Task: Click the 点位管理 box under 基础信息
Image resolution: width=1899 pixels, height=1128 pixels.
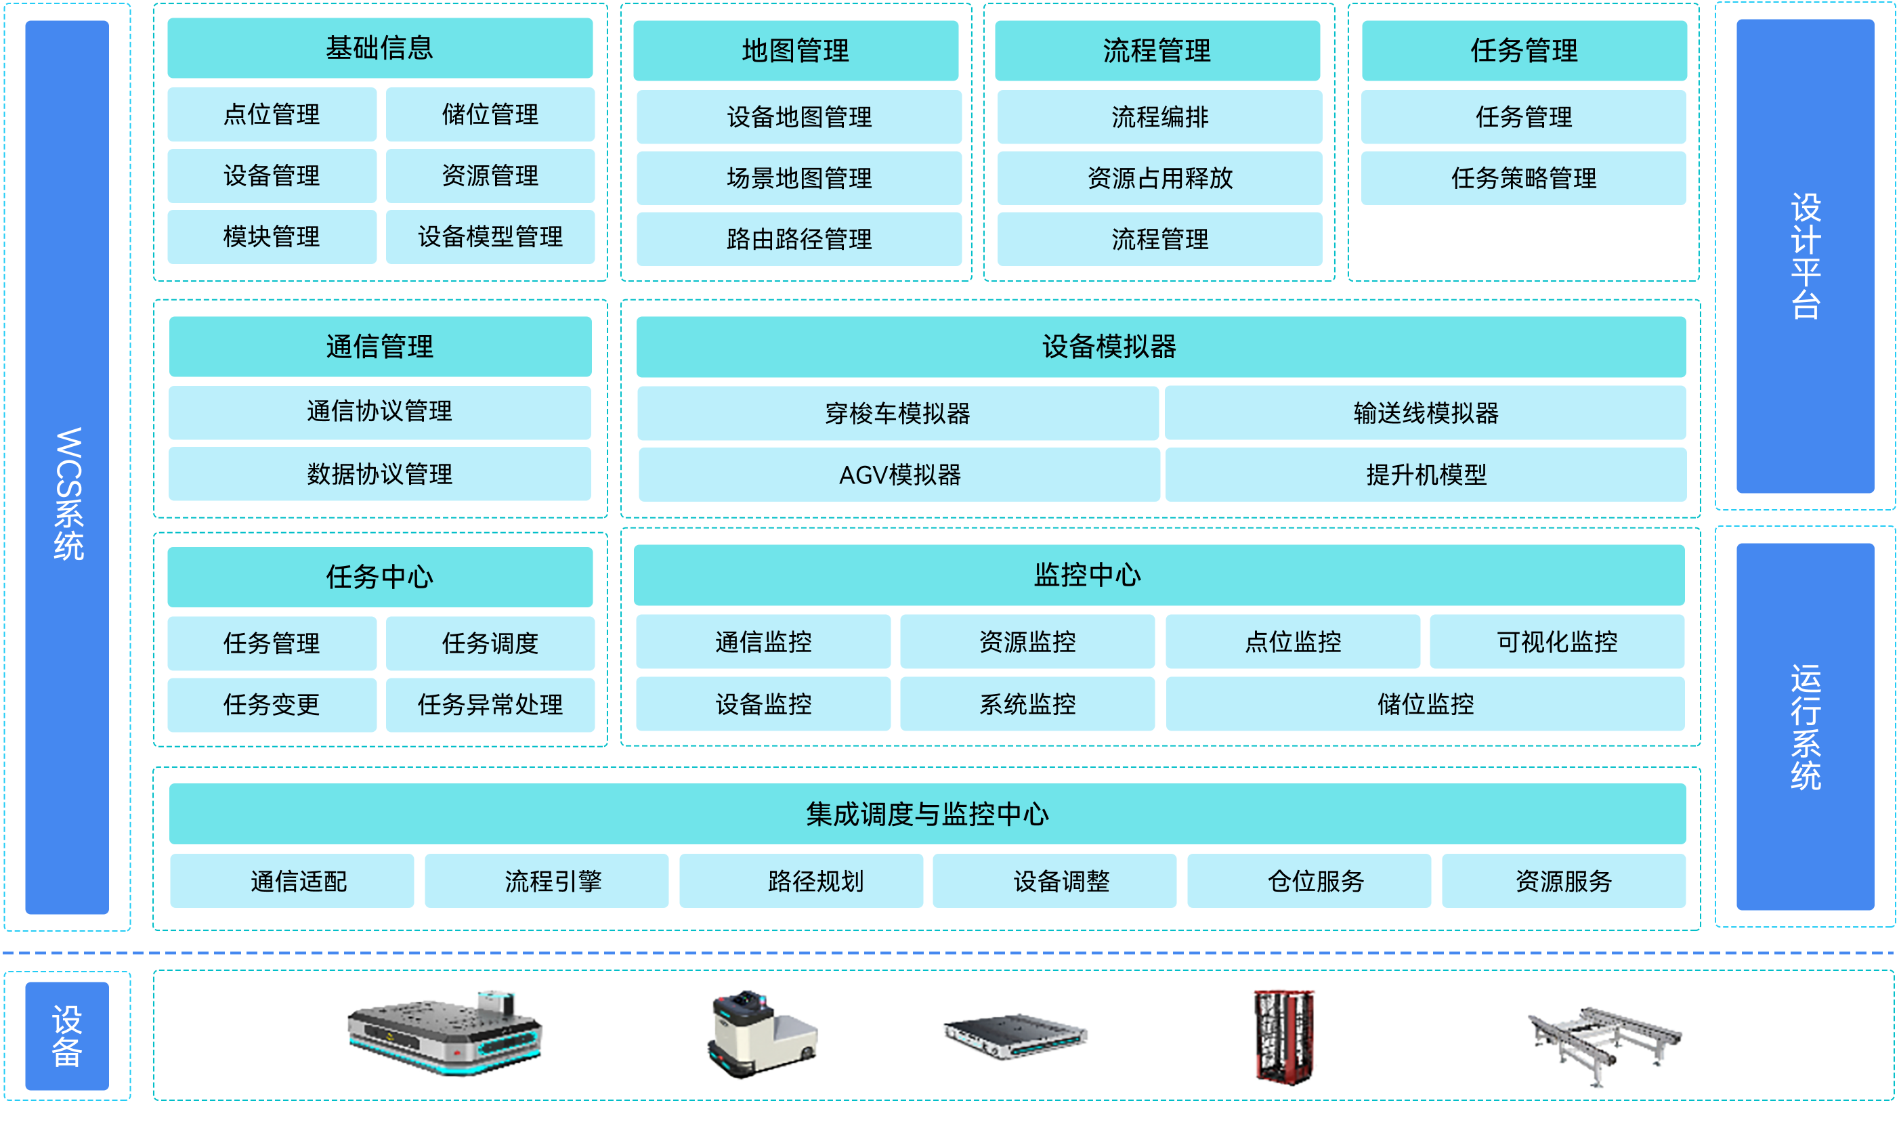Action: (272, 114)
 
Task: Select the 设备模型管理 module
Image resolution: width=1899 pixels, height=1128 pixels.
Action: (490, 236)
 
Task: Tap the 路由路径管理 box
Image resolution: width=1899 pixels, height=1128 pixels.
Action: (799, 239)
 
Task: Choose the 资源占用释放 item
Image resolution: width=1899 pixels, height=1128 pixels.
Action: (1159, 178)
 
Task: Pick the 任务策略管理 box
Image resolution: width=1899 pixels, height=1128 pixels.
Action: (1523, 178)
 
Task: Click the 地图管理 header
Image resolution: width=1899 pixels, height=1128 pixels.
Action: (796, 50)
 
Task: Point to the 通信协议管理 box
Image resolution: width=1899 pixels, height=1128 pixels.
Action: (380, 412)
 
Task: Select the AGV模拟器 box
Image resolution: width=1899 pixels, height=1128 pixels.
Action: (899, 475)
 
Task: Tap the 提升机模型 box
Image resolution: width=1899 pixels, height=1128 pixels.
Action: (1426, 475)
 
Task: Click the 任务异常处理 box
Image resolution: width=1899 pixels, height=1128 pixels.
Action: (490, 705)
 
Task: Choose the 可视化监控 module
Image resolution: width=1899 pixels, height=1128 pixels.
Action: (1557, 642)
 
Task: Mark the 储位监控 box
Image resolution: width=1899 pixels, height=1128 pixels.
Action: (1426, 704)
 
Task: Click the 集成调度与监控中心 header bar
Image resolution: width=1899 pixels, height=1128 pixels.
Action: (927, 814)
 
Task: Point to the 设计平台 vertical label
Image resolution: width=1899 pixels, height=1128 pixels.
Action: (1806, 256)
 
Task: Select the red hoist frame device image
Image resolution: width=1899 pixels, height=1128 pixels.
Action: (1284, 1037)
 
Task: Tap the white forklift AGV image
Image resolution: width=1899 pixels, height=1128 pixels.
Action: (763, 1034)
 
